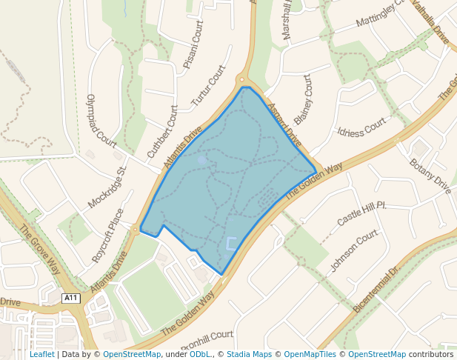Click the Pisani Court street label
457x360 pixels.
193,45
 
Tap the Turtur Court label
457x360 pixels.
208,85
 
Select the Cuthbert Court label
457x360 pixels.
163,132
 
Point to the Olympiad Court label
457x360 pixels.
101,120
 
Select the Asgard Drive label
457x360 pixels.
284,124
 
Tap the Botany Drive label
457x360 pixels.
430,176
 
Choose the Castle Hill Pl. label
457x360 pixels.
362,213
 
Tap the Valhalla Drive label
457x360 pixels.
430,23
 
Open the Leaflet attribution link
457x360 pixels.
41,354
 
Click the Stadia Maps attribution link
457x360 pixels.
249,354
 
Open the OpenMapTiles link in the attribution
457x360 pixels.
310,354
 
